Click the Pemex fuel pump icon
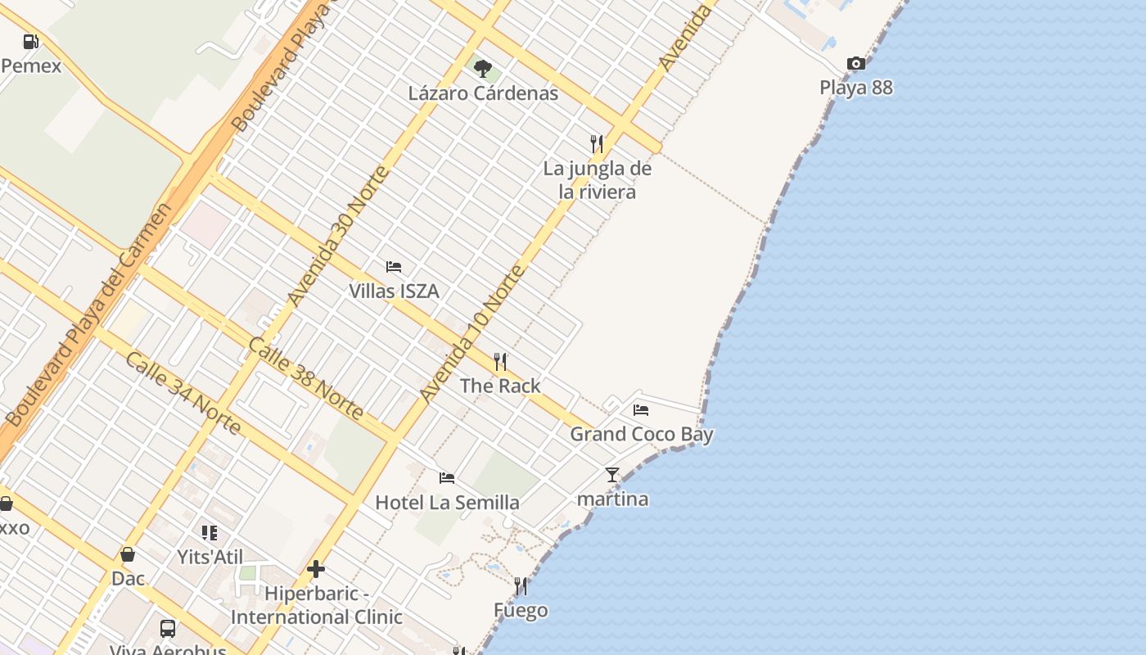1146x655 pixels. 31,41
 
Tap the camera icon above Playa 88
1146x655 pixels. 856,64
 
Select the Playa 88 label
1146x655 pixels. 856,88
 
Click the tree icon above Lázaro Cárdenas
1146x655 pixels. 483,68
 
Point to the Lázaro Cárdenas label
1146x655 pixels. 483,93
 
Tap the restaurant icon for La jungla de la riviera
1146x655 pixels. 597,144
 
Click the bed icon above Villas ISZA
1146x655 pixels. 394,267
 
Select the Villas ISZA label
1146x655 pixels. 394,291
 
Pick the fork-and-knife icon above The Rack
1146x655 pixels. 500,361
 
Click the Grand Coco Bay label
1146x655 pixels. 642,434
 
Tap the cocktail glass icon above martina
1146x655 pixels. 612,475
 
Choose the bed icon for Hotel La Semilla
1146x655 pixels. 447,478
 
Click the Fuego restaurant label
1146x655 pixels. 521,611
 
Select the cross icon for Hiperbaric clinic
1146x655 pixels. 316,569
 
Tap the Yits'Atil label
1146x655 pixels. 210,558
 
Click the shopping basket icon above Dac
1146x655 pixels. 128,554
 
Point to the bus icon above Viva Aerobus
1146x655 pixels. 168,629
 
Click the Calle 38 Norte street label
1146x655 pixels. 305,378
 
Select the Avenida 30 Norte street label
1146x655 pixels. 338,236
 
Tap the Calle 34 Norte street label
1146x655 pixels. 183,394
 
